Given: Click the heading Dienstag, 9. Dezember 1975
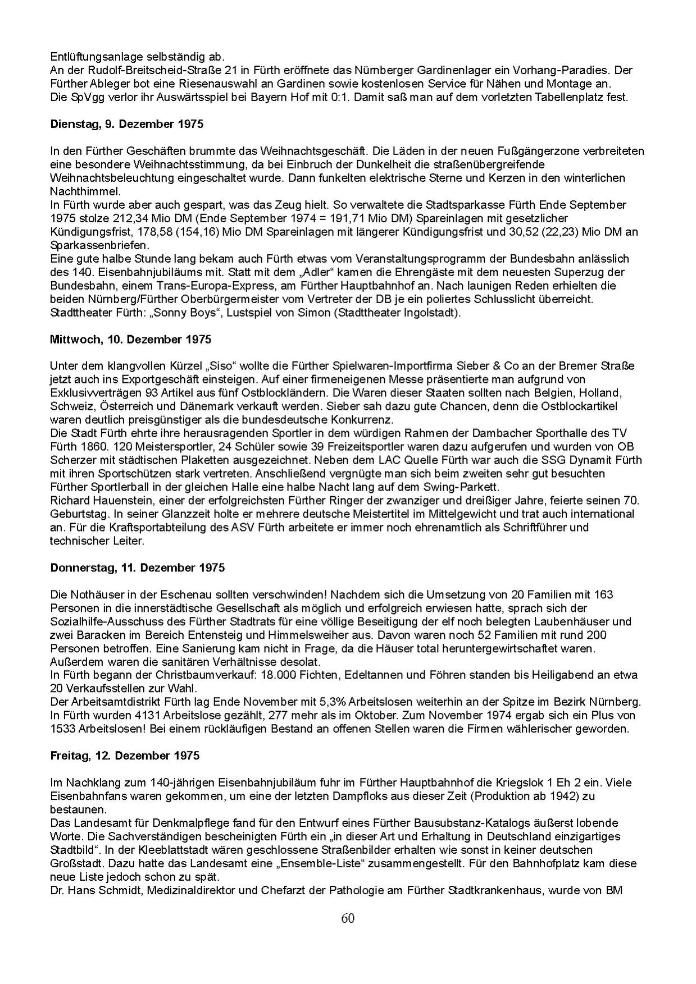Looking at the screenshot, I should pyautogui.click(x=127, y=125).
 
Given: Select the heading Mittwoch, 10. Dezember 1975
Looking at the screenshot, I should pyautogui.click(x=130, y=340).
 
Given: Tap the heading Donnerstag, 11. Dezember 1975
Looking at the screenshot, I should pyautogui.click(x=138, y=567).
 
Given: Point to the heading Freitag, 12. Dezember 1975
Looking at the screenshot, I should pyautogui.click(x=125, y=756).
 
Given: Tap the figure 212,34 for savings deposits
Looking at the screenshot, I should pyautogui.click(x=136, y=218).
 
